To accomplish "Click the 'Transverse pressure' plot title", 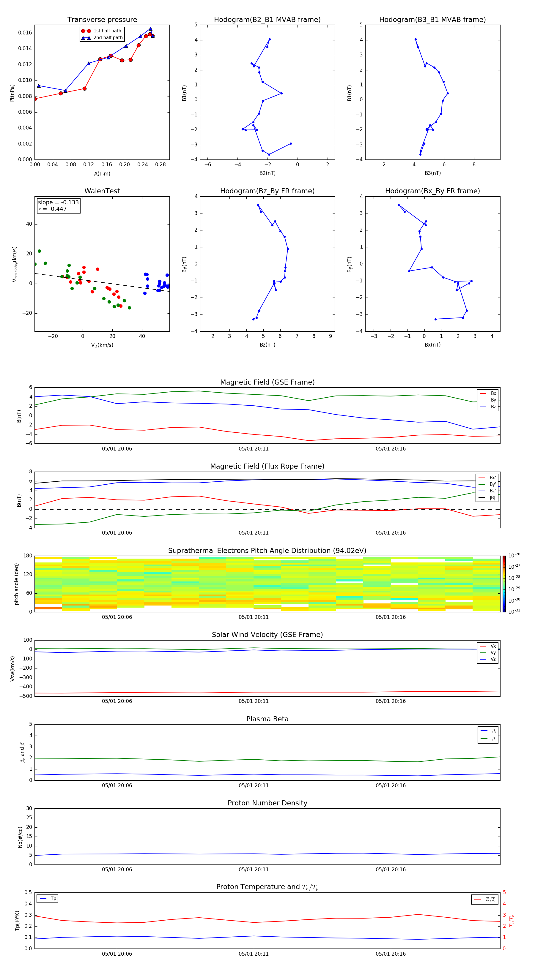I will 102,20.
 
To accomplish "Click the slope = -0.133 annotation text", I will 58,203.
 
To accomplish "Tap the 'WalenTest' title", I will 102,191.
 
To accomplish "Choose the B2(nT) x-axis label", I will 267,173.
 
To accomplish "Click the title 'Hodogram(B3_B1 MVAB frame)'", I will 432,20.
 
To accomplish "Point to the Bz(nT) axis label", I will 267,345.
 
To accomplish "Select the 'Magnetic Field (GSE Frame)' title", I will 267,382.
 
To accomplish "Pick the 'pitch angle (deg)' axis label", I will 16,584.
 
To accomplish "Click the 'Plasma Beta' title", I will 267,719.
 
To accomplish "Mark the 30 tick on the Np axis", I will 29,808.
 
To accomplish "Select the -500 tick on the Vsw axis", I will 27,696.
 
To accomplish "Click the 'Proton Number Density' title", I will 267,803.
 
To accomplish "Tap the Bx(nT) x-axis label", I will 432,345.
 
